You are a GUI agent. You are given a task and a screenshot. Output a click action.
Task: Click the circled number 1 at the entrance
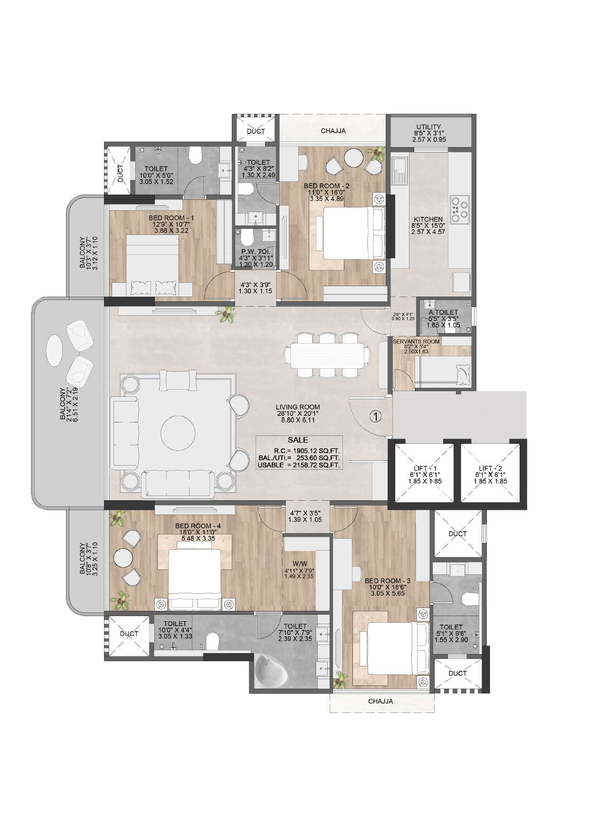point(375,417)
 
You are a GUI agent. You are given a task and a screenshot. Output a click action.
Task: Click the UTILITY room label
point(429,127)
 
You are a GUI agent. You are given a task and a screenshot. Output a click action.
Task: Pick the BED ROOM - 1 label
point(164,218)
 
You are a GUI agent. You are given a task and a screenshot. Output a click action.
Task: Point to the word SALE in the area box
point(298,440)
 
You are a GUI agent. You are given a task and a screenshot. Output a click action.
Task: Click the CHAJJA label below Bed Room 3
point(381,701)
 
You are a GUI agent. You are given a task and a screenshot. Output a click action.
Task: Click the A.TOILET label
point(436,312)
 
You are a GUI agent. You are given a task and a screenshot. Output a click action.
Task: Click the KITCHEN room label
point(428,219)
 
